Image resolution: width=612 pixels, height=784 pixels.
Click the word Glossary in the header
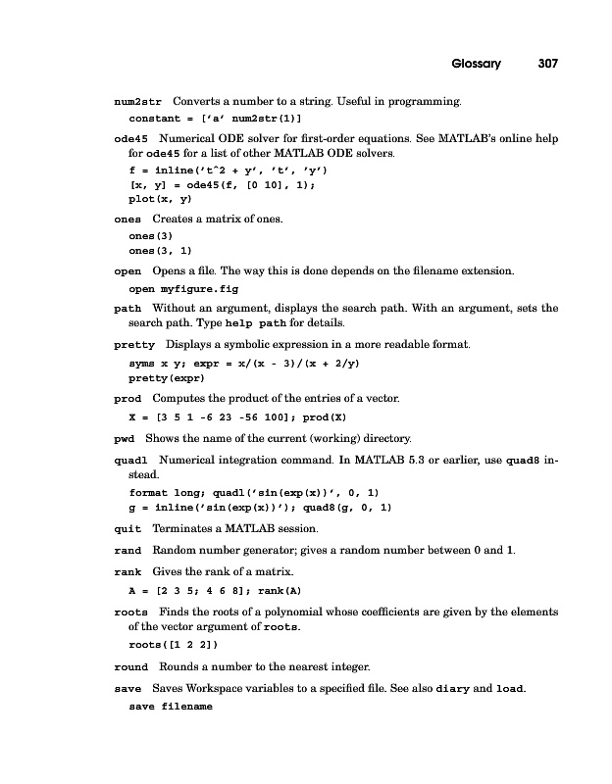tap(477, 64)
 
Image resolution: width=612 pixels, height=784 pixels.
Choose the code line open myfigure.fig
tap(183, 289)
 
